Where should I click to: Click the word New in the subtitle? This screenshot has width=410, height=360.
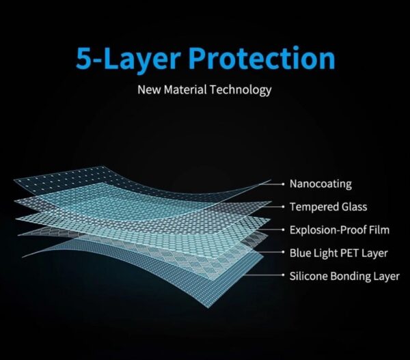(149, 89)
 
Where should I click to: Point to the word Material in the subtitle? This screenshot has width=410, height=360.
(185, 89)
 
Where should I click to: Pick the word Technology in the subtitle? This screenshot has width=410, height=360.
(241, 90)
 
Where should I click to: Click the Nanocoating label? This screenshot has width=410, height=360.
(320, 184)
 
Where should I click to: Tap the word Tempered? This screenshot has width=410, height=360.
(311, 207)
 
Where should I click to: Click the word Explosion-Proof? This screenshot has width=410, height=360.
(327, 230)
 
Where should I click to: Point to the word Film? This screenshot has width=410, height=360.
(379, 230)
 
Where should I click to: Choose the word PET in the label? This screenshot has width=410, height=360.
(351, 253)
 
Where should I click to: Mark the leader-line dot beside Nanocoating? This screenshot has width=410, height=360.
(283, 184)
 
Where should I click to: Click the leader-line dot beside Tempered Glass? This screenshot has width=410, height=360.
(283, 207)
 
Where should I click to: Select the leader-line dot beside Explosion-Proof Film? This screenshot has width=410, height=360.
(283, 230)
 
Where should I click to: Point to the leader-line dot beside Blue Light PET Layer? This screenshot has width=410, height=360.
(283, 252)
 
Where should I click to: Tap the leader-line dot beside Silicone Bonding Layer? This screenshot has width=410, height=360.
(283, 275)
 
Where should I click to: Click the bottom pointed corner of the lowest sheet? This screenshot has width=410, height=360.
(208, 308)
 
